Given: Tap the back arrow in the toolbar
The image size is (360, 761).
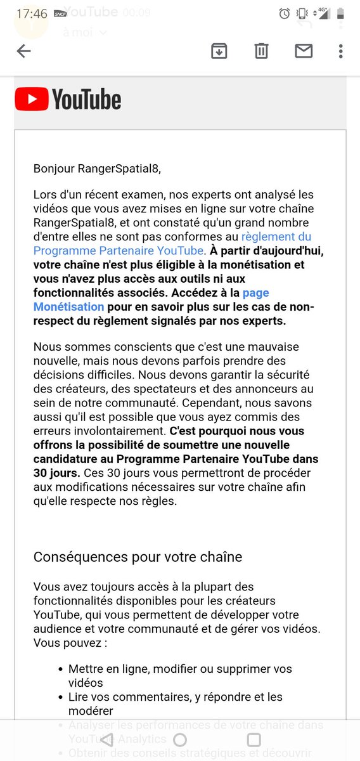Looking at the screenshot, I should click(24, 51).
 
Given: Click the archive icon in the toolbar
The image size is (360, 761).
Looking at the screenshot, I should click(219, 51).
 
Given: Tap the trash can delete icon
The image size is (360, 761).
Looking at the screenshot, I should click(261, 51).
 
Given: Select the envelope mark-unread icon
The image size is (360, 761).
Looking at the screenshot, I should click(304, 51).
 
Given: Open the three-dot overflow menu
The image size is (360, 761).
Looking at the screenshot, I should click(341, 51).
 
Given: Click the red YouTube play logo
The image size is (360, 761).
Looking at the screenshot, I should click(32, 100).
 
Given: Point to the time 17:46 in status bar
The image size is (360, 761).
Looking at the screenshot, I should click(32, 13).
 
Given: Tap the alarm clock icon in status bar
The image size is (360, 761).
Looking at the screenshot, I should click(285, 13).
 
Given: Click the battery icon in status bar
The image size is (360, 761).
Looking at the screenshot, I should click(341, 13).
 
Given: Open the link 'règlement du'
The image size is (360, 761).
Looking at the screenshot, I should click(277, 237).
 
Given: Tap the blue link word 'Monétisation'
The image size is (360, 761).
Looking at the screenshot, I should click(68, 307).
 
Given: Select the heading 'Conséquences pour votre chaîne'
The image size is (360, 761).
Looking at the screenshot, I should click(138, 557).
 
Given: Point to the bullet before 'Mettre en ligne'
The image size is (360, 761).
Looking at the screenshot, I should click(61, 669).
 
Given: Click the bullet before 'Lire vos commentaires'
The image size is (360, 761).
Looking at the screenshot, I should click(61, 698).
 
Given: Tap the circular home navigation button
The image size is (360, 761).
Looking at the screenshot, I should click(180, 739).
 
